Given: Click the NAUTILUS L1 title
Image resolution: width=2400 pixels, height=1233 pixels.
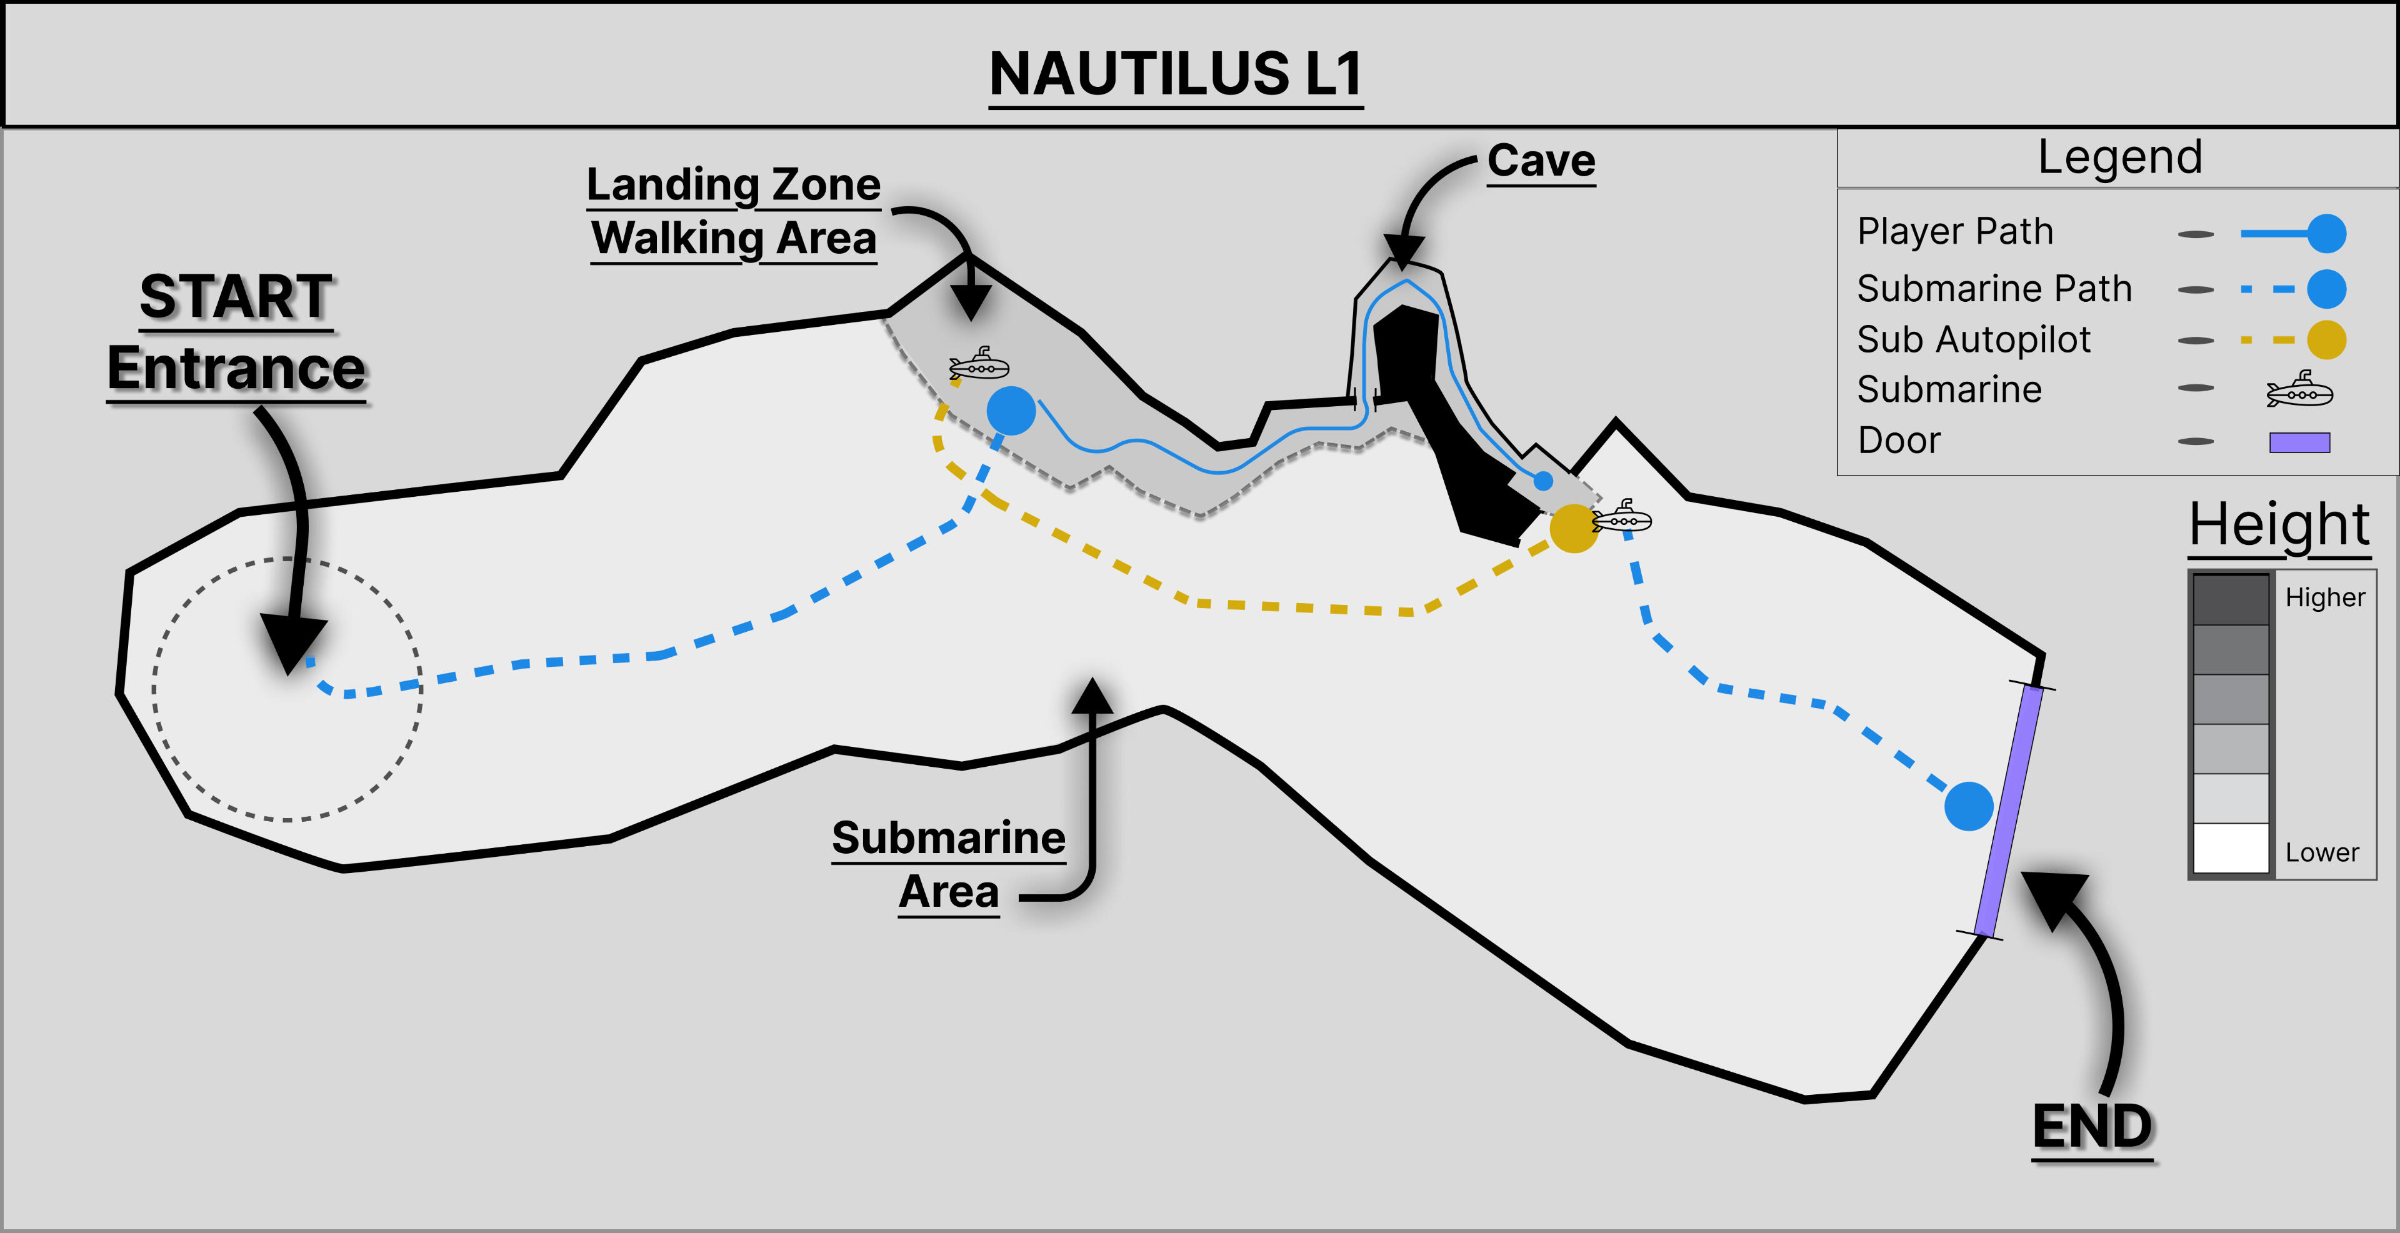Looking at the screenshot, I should pos(1176,74).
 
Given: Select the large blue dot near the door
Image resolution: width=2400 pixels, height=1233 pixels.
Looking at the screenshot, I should pos(1969,806).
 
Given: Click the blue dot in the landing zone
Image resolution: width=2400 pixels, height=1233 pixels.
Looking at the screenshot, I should pos(1011,411).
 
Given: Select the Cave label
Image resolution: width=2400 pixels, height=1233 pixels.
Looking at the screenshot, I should pos(1541,161).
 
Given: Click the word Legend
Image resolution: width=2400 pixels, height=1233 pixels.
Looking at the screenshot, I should pos(2119,156).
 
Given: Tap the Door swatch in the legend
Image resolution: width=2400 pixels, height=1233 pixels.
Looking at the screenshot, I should pos(2299,442).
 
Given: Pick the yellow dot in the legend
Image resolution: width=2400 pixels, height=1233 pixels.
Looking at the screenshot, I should pos(2326,340).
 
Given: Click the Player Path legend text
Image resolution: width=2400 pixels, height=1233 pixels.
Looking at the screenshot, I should pos(1954,231).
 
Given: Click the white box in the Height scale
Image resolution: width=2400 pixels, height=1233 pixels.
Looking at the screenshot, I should pos(2231,847).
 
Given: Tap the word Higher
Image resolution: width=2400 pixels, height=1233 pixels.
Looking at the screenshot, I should pos(2324,597).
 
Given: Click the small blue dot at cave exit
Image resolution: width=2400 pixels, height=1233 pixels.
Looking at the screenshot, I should pos(1544,481).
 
